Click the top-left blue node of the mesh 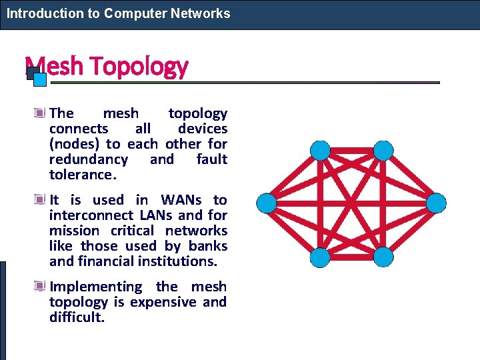tap(321, 151)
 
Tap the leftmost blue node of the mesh tap(267, 203)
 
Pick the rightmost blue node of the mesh tap(436, 203)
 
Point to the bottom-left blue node tap(321, 256)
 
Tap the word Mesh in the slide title tap(54, 66)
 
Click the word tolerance tap(83, 175)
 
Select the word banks tap(208, 246)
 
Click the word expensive tap(164, 302)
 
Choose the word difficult tap(77, 317)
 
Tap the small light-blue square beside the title tap(40, 80)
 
